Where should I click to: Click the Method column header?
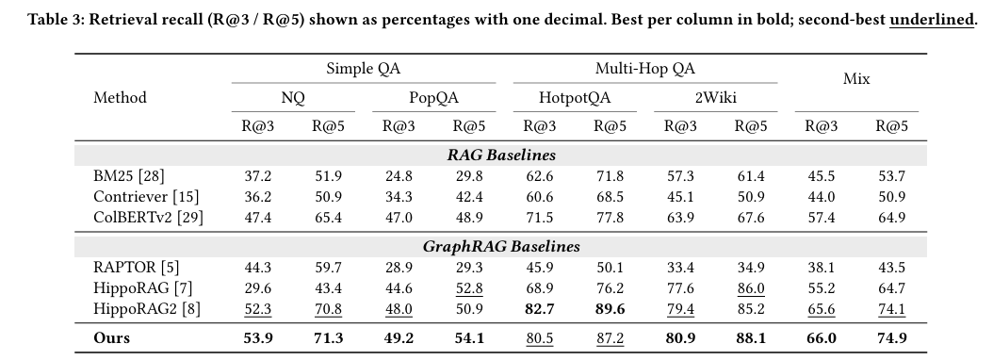click(120, 98)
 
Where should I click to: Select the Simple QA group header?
click(364, 69)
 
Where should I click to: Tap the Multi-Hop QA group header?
click(644, 69)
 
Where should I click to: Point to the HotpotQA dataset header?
click(575, 98)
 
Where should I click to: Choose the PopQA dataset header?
click(433, 98)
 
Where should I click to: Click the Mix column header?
click(856, 78)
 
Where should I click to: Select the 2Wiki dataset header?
click(716, 98)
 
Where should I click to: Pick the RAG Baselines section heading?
click(501, 155)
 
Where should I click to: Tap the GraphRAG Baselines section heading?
click(501, 246)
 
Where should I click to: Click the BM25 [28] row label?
click(128, 175)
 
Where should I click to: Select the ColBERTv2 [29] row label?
click(148, 218)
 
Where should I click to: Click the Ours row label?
click(111, 337)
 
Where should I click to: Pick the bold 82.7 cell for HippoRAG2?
click(540, 309)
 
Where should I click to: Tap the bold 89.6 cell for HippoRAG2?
click(610, 309)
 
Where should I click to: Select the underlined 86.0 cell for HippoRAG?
click(751, 288)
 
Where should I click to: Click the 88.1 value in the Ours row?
click(751, 337)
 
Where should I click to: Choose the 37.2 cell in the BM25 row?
click(258, 175)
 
